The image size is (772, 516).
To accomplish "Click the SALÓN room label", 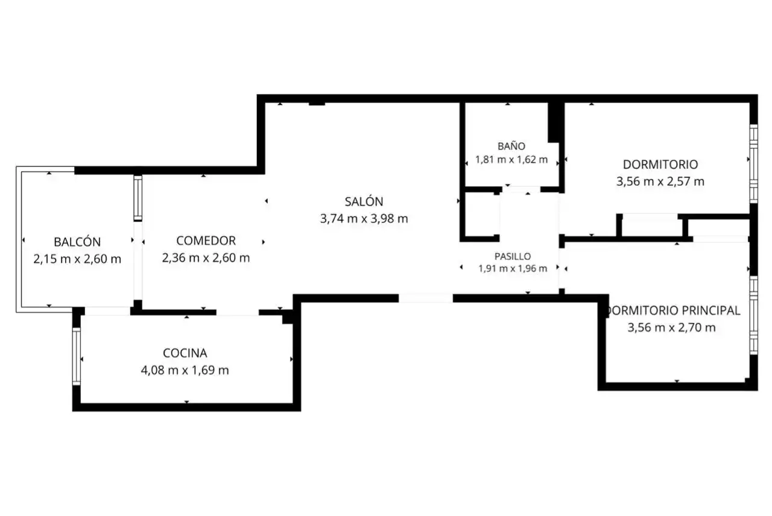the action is [364, 201].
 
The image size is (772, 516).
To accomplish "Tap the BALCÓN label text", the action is [77, 242].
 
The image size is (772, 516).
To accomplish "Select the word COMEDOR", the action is [206, 241].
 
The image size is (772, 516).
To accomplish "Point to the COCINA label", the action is [185, 353].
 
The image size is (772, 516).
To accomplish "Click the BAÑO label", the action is [511, 146].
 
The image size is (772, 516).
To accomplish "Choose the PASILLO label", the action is [513, 256].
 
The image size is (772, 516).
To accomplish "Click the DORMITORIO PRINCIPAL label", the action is [672, 310].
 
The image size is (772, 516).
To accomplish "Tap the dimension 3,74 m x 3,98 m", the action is [364, 219].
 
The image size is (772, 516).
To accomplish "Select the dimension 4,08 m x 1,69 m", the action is [185, 370].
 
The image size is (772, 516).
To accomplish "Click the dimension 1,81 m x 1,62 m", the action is [511, 160].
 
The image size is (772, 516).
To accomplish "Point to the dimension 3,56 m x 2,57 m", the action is [660, 181].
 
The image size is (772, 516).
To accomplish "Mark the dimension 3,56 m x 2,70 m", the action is [671, 327].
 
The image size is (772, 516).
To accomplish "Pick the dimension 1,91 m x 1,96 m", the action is [513, 269].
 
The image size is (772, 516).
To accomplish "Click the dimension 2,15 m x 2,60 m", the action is [77, 259].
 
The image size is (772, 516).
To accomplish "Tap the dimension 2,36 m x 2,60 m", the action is [206, 257].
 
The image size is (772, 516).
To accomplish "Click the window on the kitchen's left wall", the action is [77, 356].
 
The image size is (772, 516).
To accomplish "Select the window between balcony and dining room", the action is [138, 198].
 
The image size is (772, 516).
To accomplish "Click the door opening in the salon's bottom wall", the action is [426, 298].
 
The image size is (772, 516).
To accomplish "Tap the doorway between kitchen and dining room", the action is [238, 312].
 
